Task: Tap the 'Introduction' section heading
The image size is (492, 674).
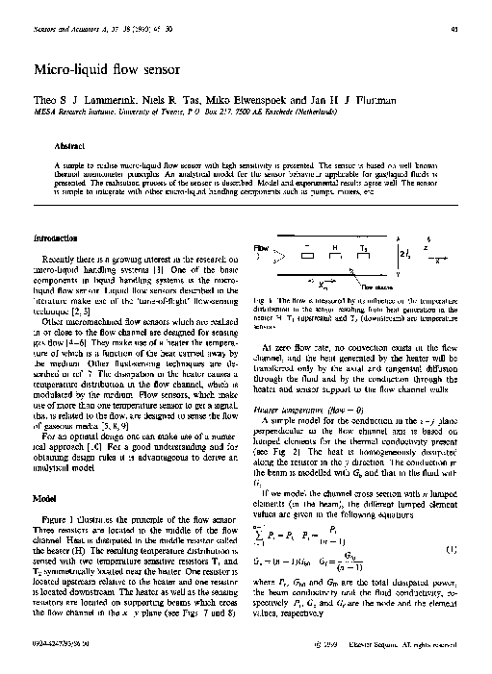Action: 55,237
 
